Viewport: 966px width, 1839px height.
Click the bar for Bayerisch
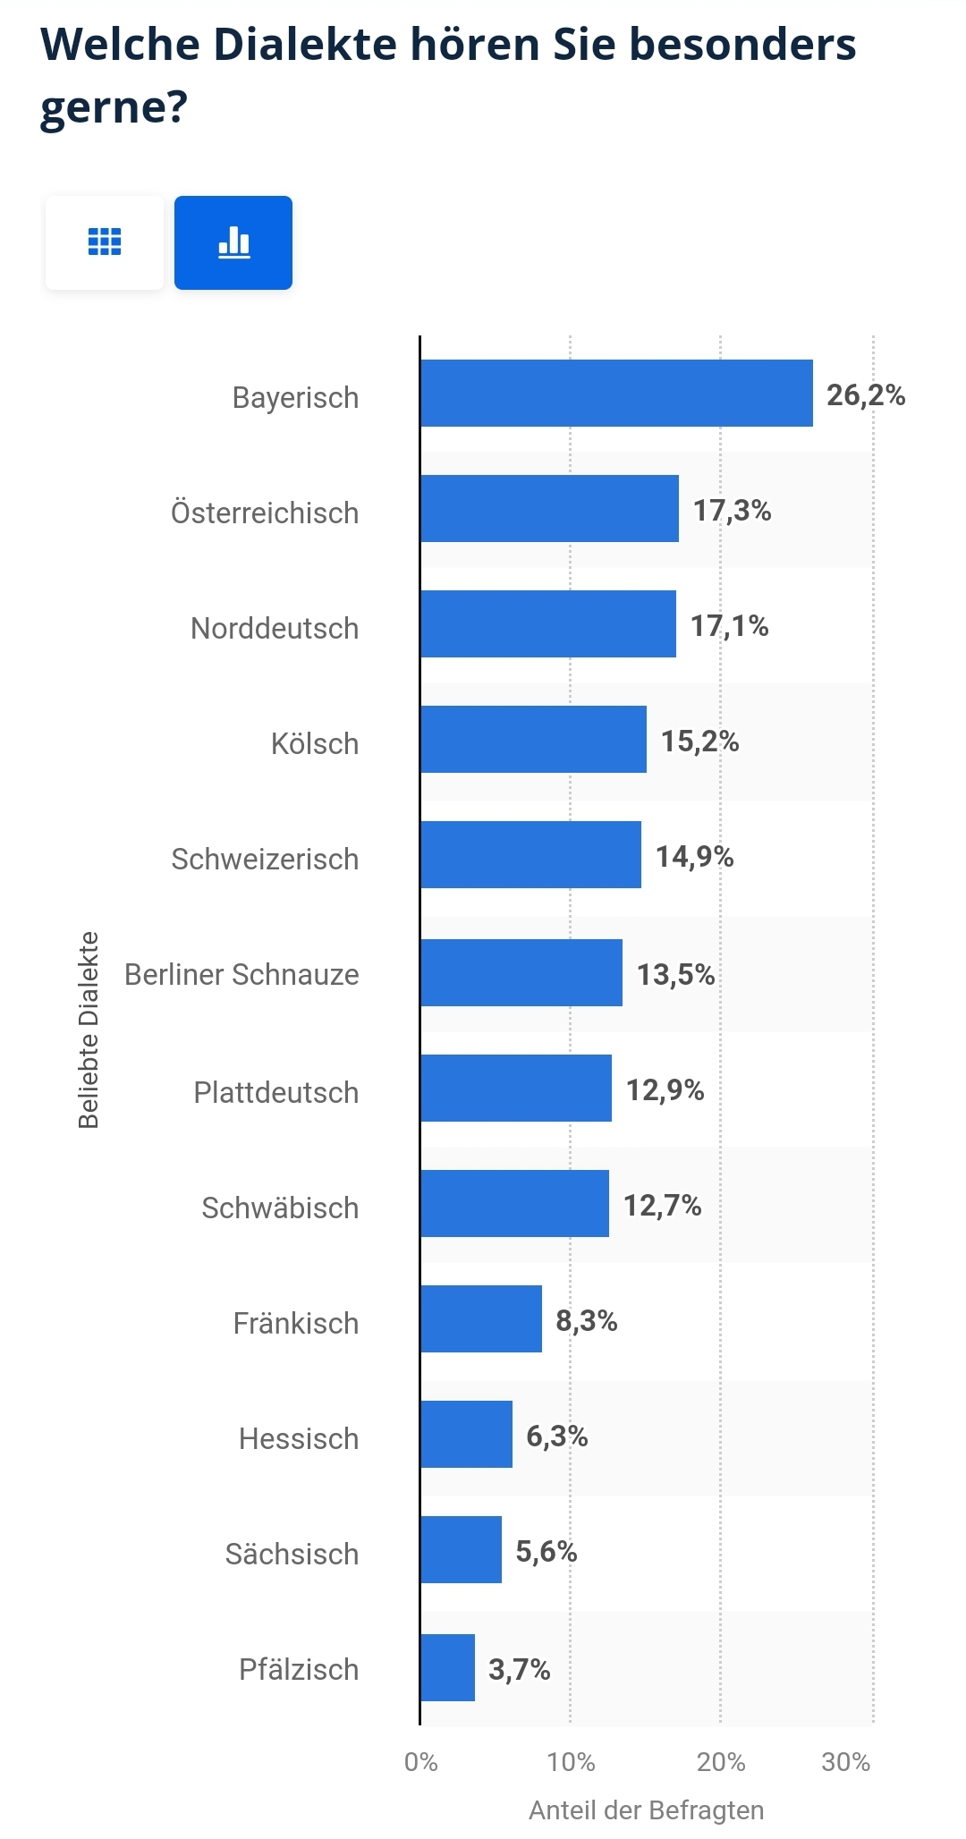[x=616, y=394]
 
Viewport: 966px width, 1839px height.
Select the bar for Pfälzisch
[x=448, y=1667]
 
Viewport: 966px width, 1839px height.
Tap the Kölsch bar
[x=533, y=739]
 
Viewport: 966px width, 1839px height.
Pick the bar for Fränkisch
[x=481, y=1318]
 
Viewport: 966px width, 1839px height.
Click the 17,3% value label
[x=732, y=511]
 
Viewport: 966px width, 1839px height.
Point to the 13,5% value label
[x=675, y=974]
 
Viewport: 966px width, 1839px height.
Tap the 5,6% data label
[x=546, y=1551]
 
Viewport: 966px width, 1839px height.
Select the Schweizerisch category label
[x=265, y=859]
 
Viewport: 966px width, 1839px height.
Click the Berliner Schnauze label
[x=241, y=974]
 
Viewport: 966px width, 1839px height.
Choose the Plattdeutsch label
[x=275, y=1092]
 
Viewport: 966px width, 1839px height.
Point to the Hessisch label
[x=298, y=1438]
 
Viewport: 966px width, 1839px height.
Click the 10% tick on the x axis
[x=571, y=1762]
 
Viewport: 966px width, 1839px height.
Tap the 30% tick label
[x=845, y=1762]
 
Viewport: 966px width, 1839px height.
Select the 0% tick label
[x=420, y=1762]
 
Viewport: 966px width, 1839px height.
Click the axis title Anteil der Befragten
[x=646, y=1810]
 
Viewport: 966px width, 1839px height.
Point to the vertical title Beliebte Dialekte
[x=89, y=1030]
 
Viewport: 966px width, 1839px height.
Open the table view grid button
[x=105, y=242]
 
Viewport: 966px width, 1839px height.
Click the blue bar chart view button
[x=233, y=242]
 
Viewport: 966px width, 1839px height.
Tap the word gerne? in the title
[x=114, y=107]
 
